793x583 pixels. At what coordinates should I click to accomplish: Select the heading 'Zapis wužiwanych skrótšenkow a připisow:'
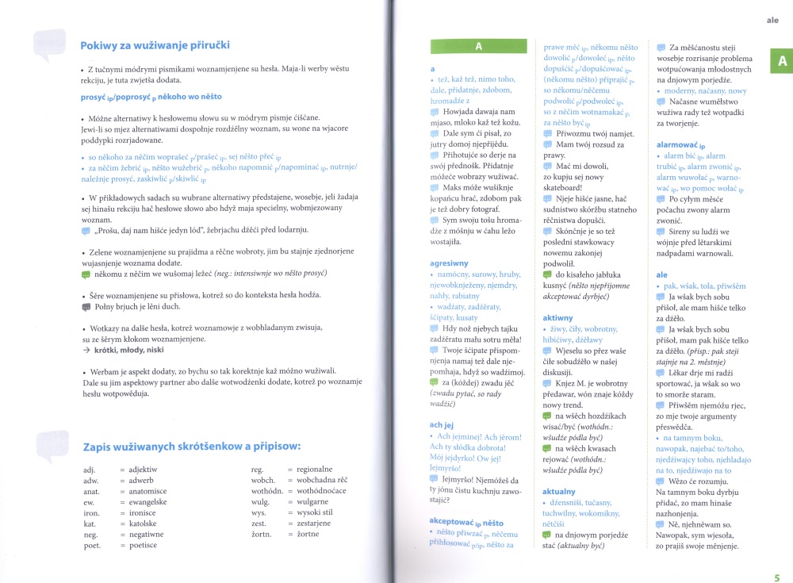191,447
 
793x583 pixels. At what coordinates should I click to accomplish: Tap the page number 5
777,577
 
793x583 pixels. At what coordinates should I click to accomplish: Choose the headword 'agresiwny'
449,263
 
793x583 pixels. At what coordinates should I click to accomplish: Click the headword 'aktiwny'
557,318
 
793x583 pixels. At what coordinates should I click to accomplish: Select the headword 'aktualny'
559,492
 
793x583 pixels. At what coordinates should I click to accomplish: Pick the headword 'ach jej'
442,424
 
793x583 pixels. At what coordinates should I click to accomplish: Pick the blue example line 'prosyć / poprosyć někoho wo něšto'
151,96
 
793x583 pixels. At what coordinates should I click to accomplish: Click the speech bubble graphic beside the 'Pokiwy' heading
51,45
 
